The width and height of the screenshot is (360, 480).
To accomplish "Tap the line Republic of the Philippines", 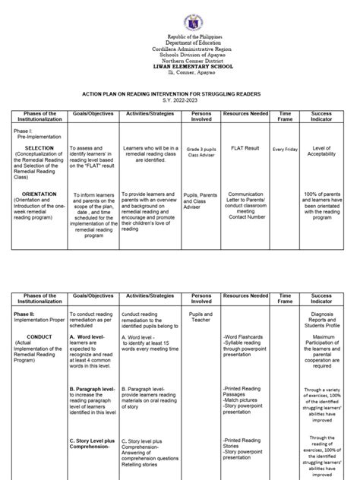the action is (x=180, y=38).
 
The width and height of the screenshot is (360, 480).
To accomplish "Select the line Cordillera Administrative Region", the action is (x=180, y=49).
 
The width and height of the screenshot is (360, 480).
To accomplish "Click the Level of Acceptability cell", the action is (x=326, y=149).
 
